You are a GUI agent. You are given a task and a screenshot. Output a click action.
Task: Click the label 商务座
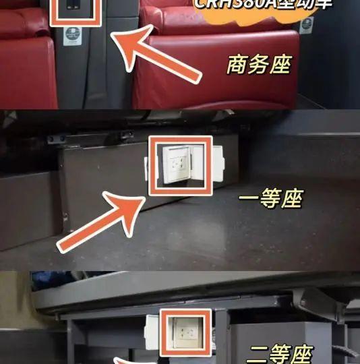coord(259,66)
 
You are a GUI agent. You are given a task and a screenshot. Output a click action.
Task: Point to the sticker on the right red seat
coord(307,25)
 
